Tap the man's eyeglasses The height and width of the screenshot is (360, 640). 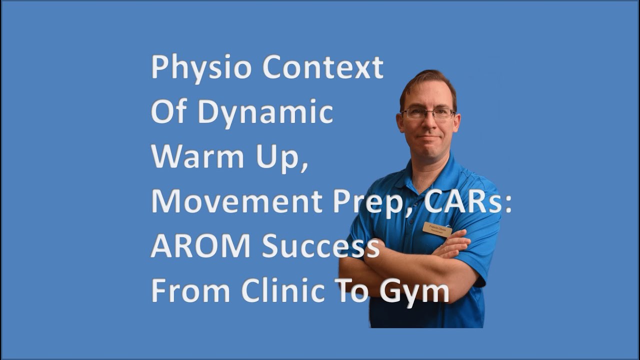(x=428, y=113)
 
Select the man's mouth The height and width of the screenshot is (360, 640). (x=429, y=136)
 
